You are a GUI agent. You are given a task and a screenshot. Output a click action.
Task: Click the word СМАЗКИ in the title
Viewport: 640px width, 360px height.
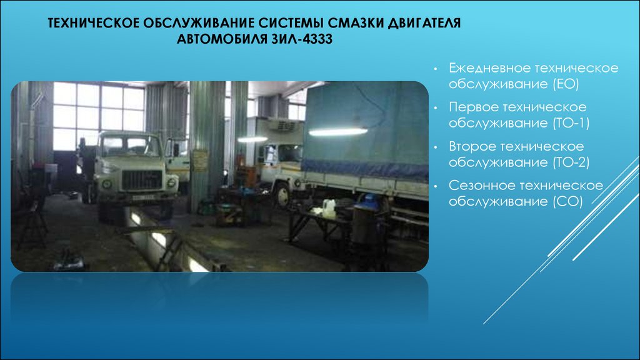pos(355,23)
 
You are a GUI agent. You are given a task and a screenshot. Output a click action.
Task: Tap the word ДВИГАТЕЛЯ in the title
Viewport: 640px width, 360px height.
pos(424,23)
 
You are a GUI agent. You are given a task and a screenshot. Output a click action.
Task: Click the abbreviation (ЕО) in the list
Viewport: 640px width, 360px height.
pos(566,84)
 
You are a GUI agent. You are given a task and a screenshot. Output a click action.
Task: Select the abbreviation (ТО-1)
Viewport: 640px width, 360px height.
pos(571,123)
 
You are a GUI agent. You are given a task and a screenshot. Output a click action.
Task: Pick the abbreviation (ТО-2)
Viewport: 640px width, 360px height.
pos(571,162)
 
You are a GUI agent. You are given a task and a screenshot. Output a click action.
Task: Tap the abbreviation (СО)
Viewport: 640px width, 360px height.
pos(567,202)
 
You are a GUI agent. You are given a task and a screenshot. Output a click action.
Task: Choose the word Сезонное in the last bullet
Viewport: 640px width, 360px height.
pos(481,186)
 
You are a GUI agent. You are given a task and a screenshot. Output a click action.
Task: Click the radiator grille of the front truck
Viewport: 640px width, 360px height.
pos(142,180)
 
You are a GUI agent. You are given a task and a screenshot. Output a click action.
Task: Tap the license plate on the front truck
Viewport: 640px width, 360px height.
pos(143,197)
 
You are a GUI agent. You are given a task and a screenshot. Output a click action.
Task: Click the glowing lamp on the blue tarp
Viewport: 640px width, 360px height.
pos(338,131)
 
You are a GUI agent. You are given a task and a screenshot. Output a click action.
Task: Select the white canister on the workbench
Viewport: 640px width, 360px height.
pos(329,208)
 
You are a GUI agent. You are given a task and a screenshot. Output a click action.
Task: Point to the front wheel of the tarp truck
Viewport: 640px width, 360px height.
pos(282,196)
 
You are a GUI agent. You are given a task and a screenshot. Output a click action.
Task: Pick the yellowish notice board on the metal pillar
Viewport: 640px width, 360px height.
pos(200,161)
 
